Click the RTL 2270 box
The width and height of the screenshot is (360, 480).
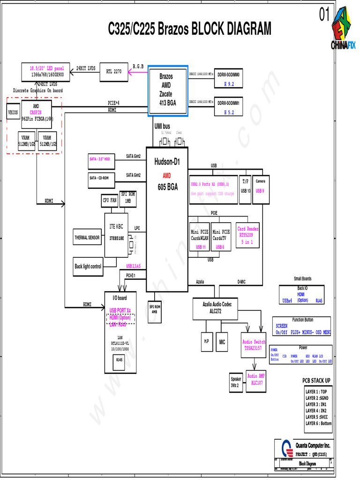[113, 72]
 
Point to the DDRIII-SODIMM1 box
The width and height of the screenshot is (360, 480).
[228, 107]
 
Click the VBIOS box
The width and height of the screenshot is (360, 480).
[13, 113]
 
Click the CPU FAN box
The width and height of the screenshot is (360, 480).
[110, 200]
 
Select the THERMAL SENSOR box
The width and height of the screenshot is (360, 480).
[87, 238]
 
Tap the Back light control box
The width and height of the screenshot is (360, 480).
[88, 266]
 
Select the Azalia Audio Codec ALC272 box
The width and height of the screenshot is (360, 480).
[217, 308]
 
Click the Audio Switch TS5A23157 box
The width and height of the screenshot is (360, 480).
[254, 345]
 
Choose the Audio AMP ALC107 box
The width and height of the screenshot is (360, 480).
[255, 380]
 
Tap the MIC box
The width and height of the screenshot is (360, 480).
[222, 343]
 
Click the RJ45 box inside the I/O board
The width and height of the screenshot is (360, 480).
[120, 360]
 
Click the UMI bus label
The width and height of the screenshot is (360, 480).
[162, 127]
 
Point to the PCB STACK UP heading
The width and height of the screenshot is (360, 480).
[316, 380]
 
